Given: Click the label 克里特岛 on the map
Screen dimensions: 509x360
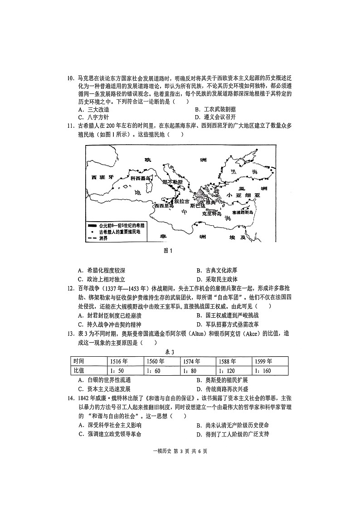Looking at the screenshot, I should [x=211, y=213].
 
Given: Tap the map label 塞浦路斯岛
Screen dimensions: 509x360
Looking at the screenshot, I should [x=244, y=212].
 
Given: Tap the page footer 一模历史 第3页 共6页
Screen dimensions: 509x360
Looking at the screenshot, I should [x=180, y=451].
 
